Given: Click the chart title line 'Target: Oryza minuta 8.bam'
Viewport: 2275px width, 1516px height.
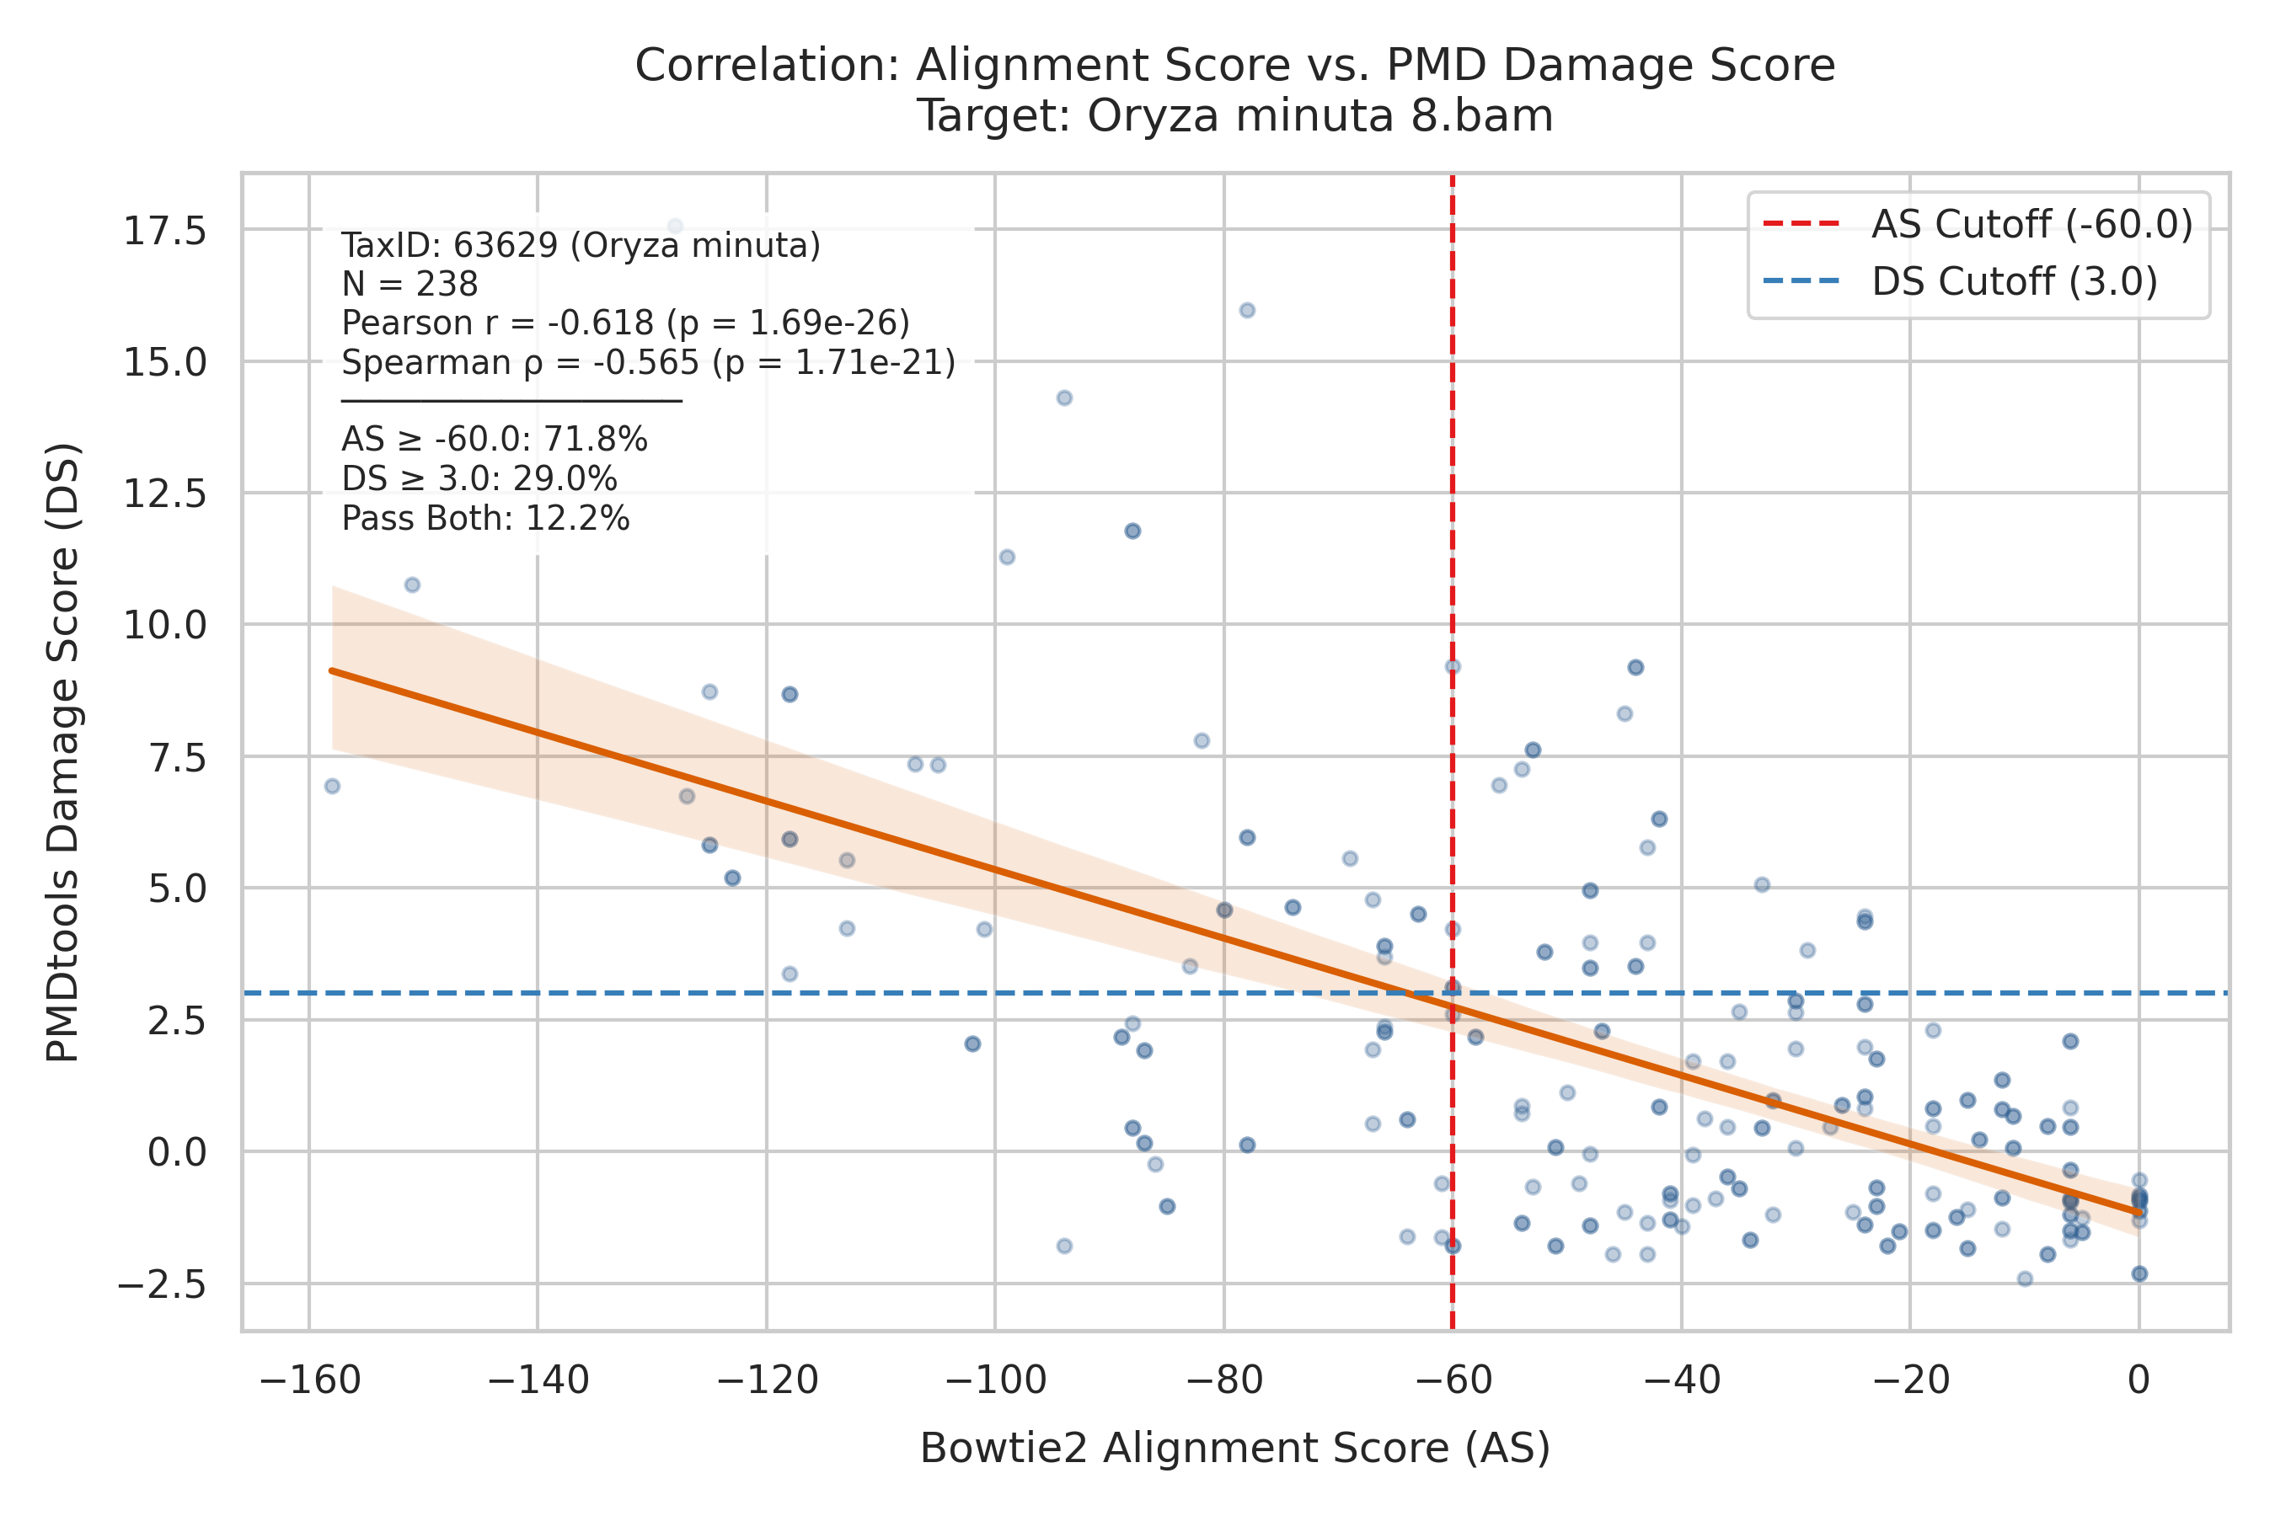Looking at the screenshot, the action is (1235, 116).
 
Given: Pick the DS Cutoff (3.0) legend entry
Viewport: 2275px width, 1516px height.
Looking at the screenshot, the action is (1960, 281).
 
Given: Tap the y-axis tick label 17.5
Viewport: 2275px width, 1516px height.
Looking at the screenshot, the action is (164, 231).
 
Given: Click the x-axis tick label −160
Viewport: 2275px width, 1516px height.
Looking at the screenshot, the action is (309, 1380).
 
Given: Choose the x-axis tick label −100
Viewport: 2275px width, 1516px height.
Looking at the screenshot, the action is (995, 1380).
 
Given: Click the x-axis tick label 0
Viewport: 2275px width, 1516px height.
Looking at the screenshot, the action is (2138, 1380).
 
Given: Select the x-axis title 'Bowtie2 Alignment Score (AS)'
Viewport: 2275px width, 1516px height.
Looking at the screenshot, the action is (1235, 1449).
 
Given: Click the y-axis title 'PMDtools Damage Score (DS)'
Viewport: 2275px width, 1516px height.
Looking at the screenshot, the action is (64, 752).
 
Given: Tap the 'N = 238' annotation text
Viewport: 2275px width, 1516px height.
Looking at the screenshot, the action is (410, 285).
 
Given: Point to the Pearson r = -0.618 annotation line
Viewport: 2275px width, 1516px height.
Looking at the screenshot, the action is (626, 323).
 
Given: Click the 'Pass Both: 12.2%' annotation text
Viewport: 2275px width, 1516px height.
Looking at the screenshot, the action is (485, 519).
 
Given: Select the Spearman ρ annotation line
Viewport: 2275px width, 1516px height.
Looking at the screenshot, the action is (648, 362).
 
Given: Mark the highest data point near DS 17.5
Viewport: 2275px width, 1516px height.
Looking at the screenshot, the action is (675, 227).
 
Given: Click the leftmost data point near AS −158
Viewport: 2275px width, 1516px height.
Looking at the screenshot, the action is (332, 786).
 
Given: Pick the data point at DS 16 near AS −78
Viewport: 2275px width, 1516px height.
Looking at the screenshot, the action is (1247, 310).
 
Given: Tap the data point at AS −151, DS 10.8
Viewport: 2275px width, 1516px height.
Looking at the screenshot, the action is (412, 585).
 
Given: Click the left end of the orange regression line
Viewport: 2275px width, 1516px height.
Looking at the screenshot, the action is (332, 670).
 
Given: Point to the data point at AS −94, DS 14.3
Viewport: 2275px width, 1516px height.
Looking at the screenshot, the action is (1064, 398).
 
